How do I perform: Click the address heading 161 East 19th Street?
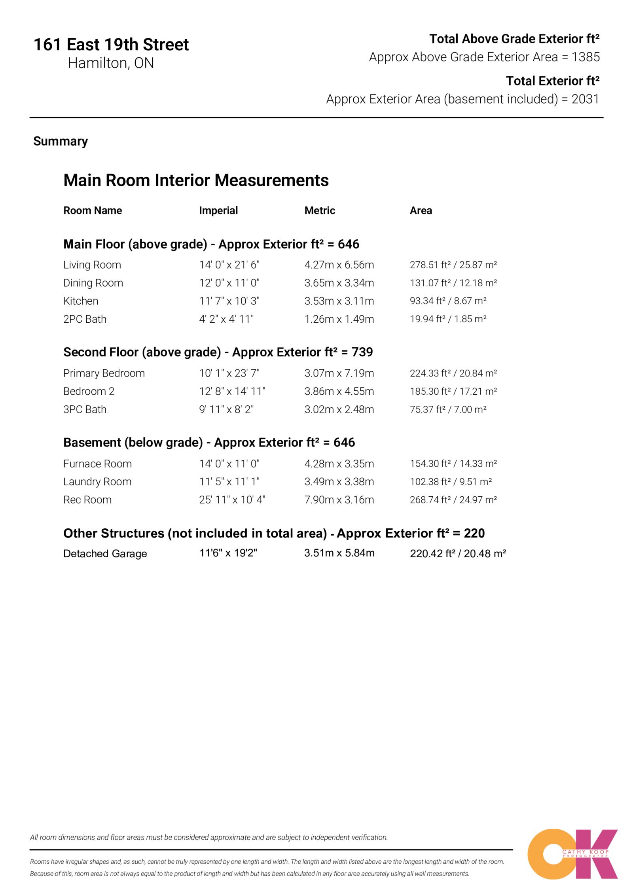[x=111, y=45]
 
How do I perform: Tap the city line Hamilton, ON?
[x=111, y=63]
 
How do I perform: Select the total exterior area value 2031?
[x=585, y=99]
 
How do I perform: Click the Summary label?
[x=61, y=141]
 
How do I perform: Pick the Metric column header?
[x=320, y=210]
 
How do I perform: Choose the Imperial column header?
[x=218, y=210]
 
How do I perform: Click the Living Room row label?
[x=92, y=265]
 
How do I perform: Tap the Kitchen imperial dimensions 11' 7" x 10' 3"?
[x=229, y=301]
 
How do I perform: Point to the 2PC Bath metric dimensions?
[x=339, y=319]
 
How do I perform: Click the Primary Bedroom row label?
[x=104, y=373]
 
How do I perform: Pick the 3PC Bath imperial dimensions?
[x=226, y=409]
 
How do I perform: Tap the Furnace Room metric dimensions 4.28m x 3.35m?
[x=339, y=464]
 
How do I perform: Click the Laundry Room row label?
[x=97, y=482]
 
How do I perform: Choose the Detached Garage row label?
[x=105, y=553]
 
